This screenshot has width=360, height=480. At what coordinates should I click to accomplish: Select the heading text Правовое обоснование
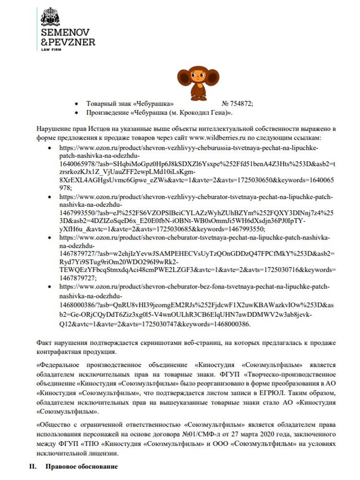tap(81, 467)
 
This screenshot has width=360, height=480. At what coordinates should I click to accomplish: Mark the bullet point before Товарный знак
tap(77, 104)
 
